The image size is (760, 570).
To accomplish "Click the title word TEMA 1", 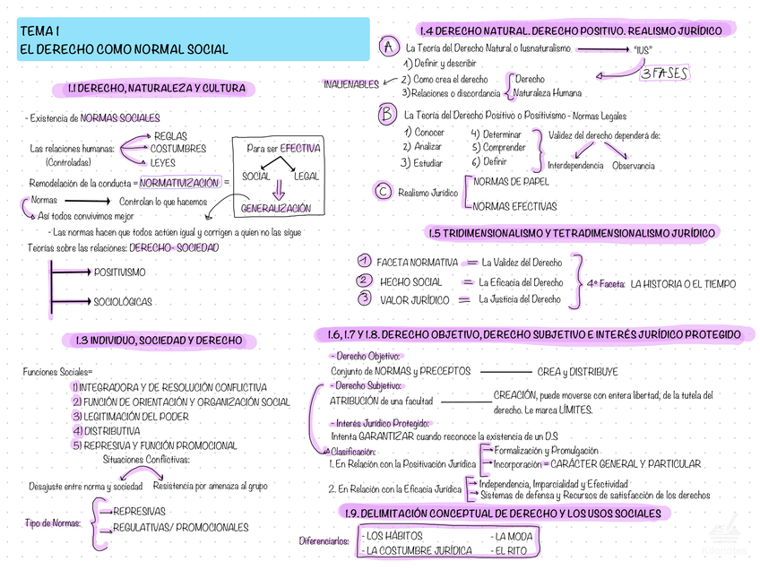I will click(x=40, y=31).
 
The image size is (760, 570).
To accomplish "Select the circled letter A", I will click(x=389, y=46).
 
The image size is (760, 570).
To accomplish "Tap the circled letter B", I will click(x=387, y=115).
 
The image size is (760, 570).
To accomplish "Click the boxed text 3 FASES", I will click(x=664, y=74).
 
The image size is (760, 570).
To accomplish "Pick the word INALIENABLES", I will click(x=351, y=85).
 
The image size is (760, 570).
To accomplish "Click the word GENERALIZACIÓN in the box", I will click(x=276, y=208).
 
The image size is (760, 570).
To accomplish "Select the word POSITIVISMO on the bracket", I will click(x=119, y=272).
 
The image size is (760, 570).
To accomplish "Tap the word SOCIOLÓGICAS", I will click(x=122, y=302).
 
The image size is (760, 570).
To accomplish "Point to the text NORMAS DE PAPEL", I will click(x=511, y=181).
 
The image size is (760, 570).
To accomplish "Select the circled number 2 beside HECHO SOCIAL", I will click(x=364, y=281).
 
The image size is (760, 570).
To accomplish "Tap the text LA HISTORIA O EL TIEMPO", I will click(x=683, y=284).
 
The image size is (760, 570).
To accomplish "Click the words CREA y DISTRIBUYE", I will click(x=577, y=372).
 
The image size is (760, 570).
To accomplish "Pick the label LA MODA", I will click(x=513, y=537).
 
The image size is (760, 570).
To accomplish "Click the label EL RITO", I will click(x=510, y=551).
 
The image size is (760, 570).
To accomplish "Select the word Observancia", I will click(x=633, y=166).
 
